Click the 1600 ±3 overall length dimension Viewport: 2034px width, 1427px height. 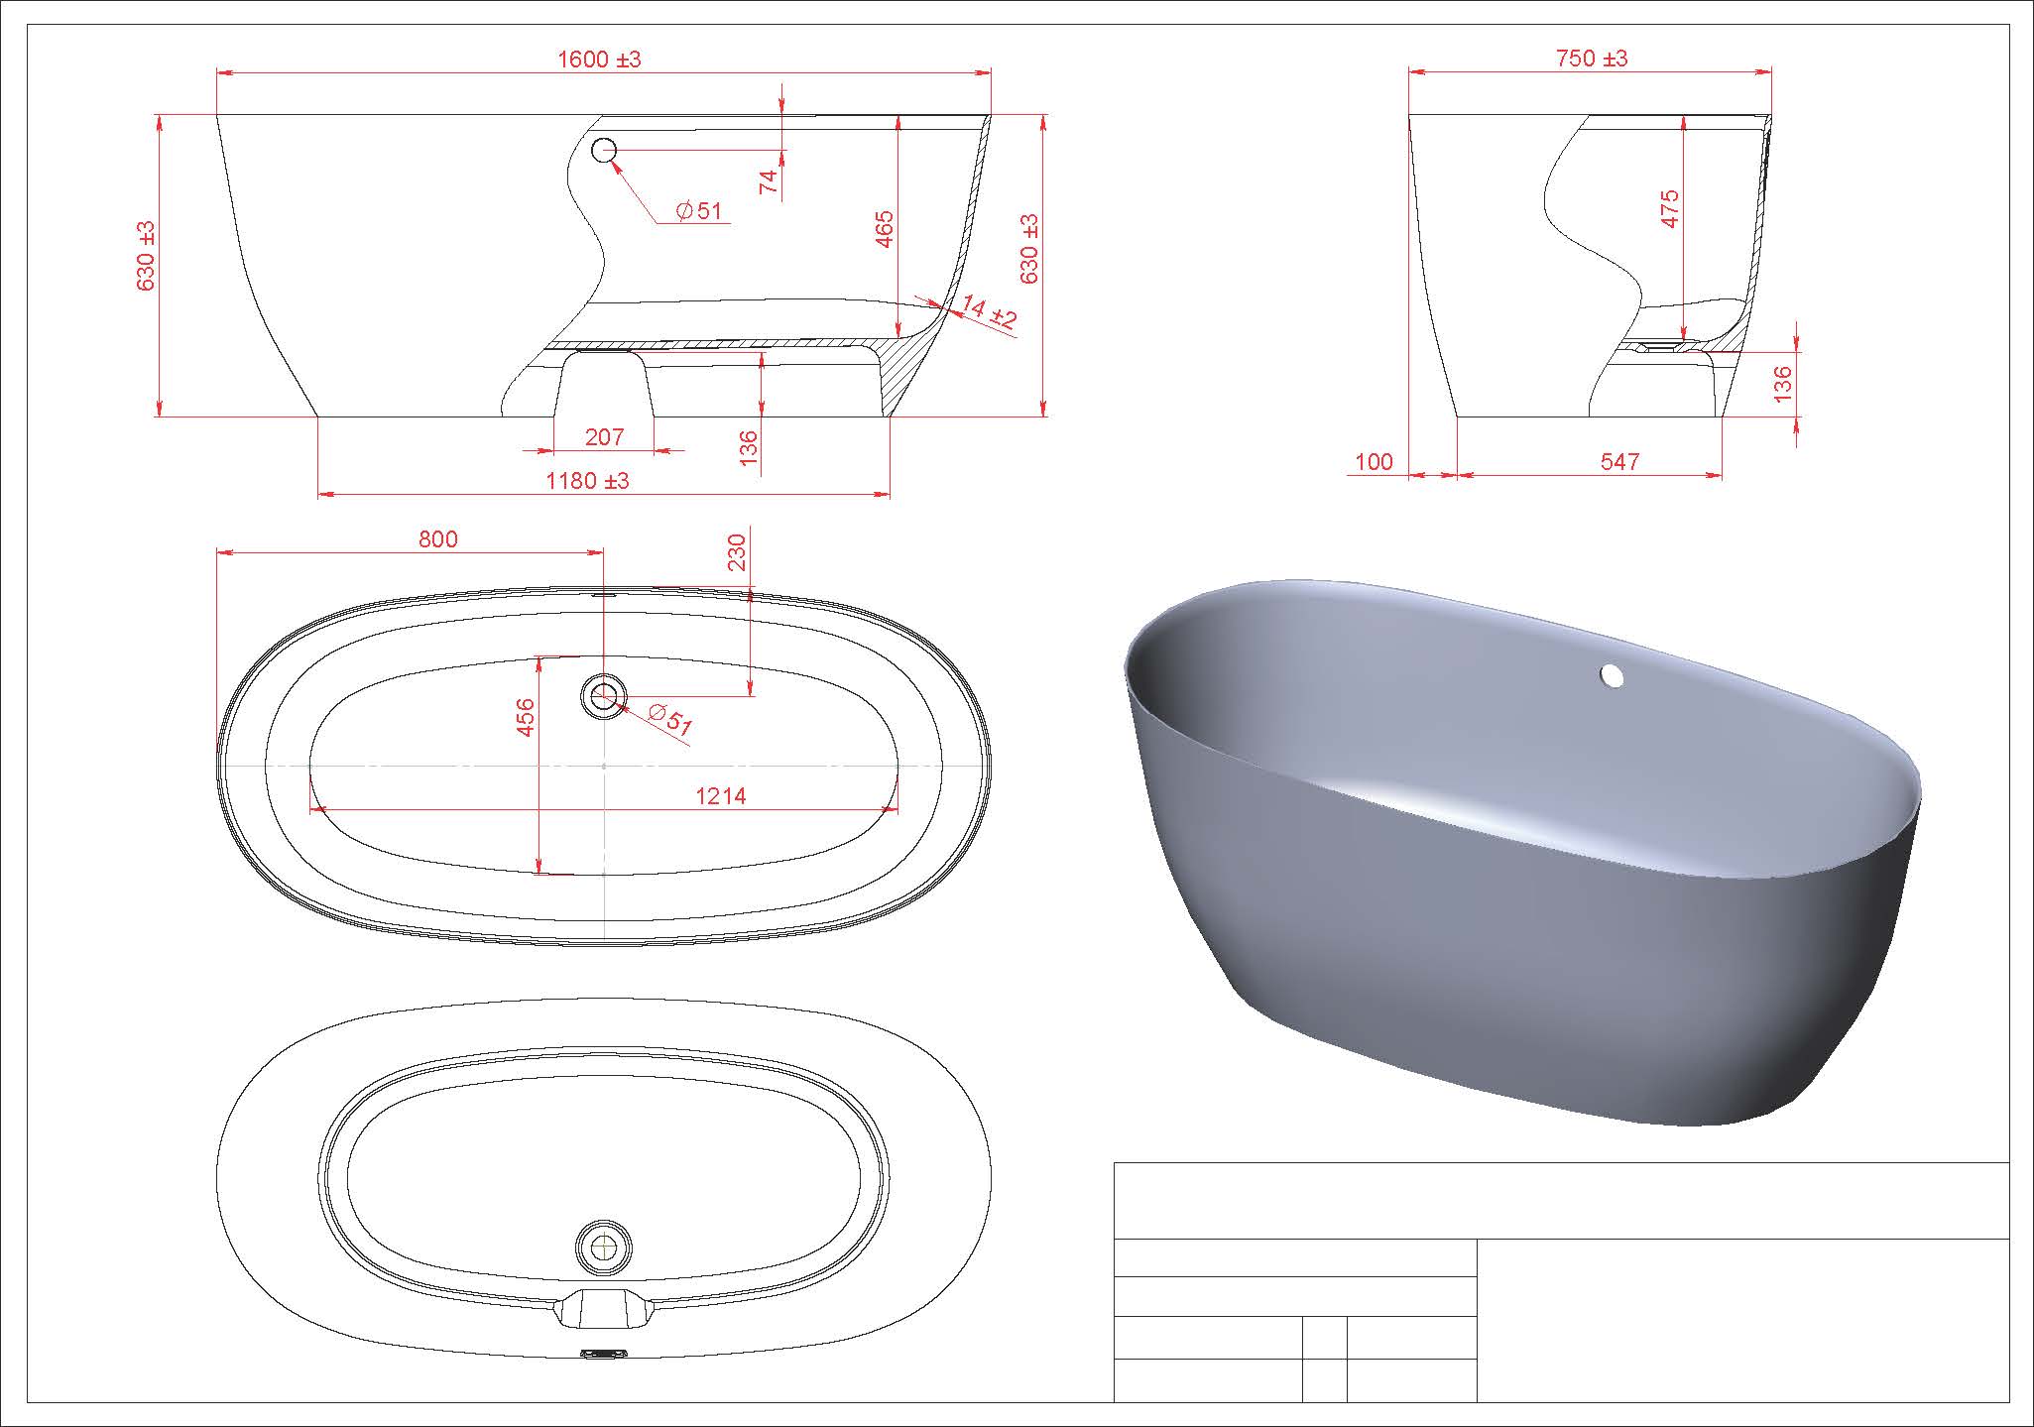tap(599, 59)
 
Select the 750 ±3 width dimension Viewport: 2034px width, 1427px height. tap(1592, 59)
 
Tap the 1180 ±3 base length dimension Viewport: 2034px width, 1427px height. tap(588, 481)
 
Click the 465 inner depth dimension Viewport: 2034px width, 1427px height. tap(885, 229)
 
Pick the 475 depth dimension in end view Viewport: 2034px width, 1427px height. tap(1670, 209)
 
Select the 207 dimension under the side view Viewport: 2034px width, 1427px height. tap(604, 436)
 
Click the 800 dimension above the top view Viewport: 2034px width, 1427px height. tap(438, 538)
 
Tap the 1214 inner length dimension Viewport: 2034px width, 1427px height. tap(721, 795)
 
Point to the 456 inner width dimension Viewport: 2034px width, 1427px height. tap(526, 717)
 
